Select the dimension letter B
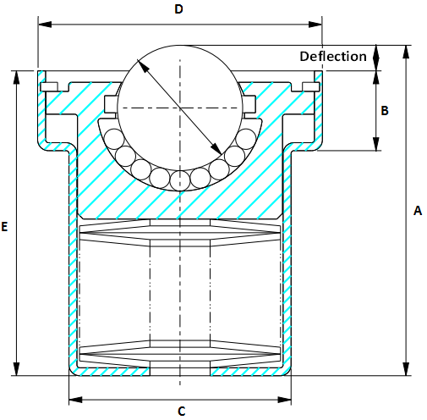pyautogui.click(x=384, y=111)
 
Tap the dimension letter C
pyautogui.click(x=181, y=412)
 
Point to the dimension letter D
pyautogui.click(x=178, y=9)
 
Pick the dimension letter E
pyautogui.click(x=6, y=227)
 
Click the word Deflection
pyautogui.click(x=334, y=57)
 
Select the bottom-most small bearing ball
pyautogui.click(x=179, y=180)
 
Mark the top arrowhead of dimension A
pyautogui.click(x=407, y=51)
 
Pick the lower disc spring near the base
pyautogui.click(x=179, y=349)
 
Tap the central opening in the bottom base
pyautogui.click(x=179, y=371)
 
